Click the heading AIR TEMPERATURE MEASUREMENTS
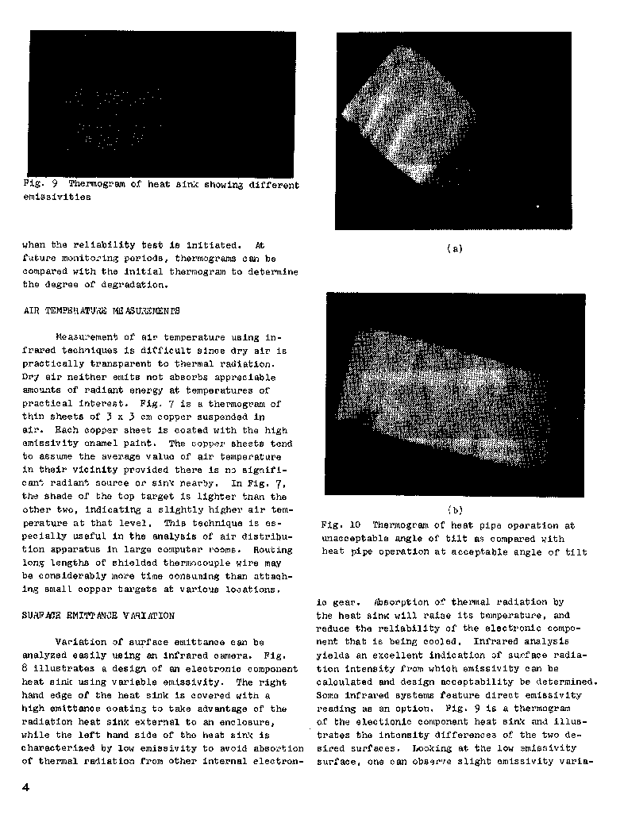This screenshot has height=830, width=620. (101, 310)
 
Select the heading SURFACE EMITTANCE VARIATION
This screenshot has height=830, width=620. (98, 615)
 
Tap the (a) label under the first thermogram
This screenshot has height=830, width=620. (455, 248)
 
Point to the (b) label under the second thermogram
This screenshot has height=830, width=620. (455, 510)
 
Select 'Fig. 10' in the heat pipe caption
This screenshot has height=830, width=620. (341, 525)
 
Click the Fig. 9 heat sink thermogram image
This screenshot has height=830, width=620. (162, 103)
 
